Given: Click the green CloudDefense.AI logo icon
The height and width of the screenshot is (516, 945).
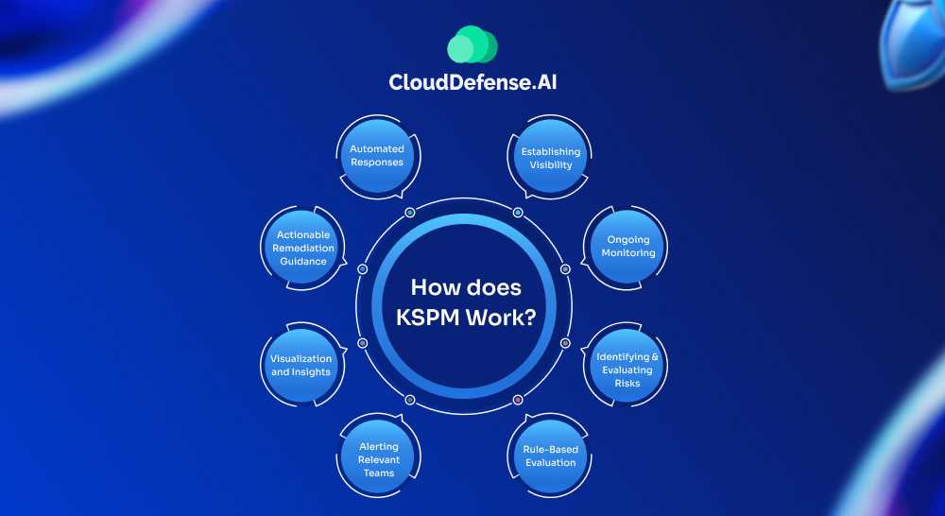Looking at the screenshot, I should pyautogui.click(x=472, y=45).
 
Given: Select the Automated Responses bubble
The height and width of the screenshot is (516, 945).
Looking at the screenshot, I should pyautogui.click(x=377, y=155).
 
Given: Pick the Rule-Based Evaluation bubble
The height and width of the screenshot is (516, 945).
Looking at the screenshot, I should pyautogui.click(x=550, y=456).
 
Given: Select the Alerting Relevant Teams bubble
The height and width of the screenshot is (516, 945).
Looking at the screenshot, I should pyautogui.click(x=379, y=458).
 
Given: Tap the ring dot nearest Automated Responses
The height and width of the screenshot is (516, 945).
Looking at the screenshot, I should pyautogui.click(x=410, y=213).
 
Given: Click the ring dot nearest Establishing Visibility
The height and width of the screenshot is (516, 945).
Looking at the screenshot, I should pyautogui.click(x=518, y=213).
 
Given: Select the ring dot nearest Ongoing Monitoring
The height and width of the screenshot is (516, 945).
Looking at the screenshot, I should pyautogui.click(x=565, y=268).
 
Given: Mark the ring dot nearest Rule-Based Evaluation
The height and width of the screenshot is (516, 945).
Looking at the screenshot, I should pyautogui.click(x=518, y=401).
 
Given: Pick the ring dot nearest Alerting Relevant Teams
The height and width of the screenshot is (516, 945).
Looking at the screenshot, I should pyautogui.click(x=410, y=401).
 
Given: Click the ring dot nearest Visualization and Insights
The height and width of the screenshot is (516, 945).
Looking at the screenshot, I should pyautogui.click(x=363, y=342).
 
